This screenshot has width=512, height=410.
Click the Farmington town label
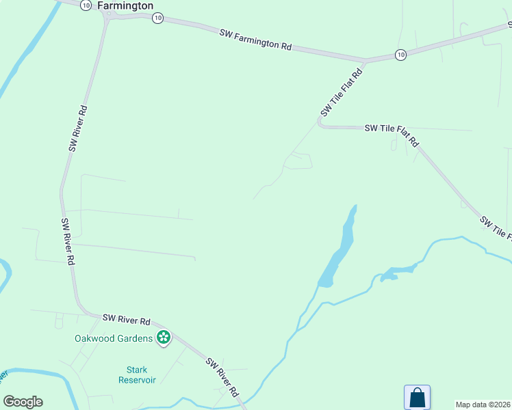pos(125,5)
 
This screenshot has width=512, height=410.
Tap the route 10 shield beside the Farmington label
pos(85,5)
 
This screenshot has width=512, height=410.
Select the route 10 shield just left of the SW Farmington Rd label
pos(157,18)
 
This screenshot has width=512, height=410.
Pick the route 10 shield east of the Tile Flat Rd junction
pos(400,54)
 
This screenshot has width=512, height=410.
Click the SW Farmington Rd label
pos(256,39)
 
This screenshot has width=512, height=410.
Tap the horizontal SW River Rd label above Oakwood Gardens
pos(127,319)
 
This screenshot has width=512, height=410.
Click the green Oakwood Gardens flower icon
pos(164,337)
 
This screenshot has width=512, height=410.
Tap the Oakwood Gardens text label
pos(114,338)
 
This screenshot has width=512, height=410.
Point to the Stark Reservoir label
pos(137,374)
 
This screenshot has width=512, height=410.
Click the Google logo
pos(23,402)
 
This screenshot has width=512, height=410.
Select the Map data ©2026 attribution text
pos(483,405)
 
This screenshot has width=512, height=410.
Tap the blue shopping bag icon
pos(417,397)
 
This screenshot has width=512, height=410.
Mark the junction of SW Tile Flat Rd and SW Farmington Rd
pos(365,60)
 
